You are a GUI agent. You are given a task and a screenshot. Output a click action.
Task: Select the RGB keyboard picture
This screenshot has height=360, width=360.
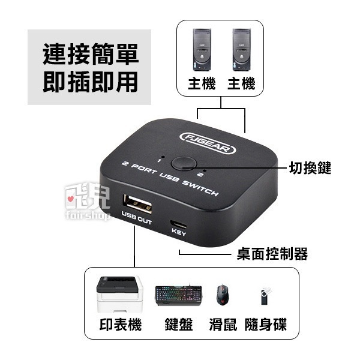tap(178, 295)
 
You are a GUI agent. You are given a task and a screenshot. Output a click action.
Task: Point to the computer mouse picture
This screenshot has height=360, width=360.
tap(223, 295)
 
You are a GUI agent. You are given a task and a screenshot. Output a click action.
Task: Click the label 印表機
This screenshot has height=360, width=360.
tap(120, 325)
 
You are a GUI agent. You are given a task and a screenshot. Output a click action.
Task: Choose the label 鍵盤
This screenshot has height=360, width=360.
tap(178, 325)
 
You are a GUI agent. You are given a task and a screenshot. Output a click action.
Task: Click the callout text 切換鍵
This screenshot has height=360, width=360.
tap(310, 167)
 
